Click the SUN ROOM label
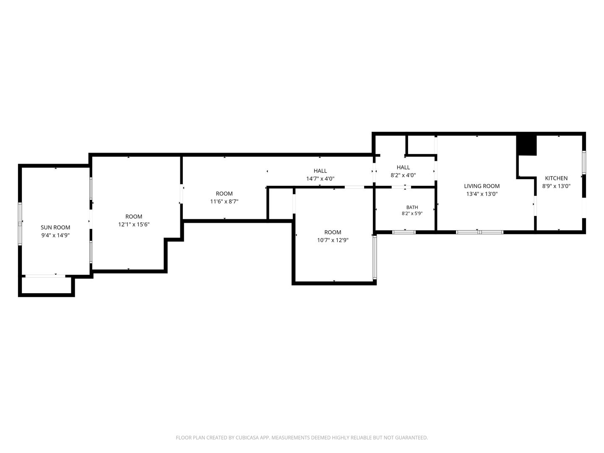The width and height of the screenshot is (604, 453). coord(55,227)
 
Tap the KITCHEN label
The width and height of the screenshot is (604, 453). coord(556,178)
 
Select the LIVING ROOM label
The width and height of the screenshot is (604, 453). coord(482,186)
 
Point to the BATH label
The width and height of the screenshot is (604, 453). coord(412,207)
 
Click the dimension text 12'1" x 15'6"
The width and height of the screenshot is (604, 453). coord(134,224)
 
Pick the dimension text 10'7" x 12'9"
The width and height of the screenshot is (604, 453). coord(333,240)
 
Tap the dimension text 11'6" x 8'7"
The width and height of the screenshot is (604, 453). coord(224,202)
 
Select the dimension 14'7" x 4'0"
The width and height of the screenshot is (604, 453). coord(320,179)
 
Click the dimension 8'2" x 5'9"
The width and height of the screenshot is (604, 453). coord(412,213)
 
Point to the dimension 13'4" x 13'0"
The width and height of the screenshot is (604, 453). coord(482,194)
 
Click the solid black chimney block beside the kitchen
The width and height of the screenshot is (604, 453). coord(526,146)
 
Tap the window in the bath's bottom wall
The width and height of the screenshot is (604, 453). coord(404,232)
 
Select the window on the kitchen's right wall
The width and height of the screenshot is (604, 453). coord(584,163)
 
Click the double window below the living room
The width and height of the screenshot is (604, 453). coord(479,232)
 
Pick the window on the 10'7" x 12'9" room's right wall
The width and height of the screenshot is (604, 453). coord(375,258)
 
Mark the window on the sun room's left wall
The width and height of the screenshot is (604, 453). coord(20,224)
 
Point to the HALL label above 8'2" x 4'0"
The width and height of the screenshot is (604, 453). coord(403,167)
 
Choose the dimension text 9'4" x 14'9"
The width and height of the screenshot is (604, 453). coord(55,235)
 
